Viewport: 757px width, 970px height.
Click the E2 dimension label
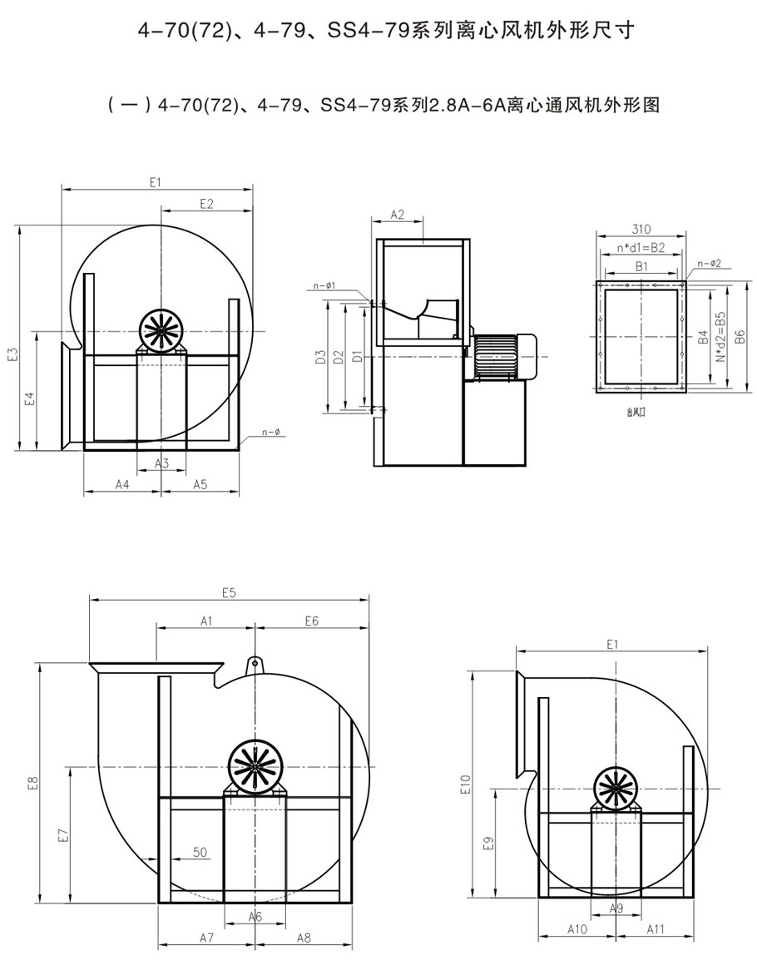[x=207, y=204]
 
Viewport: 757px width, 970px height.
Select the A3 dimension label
[x=162, y=463]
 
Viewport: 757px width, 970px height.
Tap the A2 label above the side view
[x=398, y=215]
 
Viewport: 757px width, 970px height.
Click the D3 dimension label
[x=319, y=358]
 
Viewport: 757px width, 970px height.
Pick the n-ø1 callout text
[x=325, y=286]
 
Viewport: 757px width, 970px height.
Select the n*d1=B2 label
[x=641, y=248]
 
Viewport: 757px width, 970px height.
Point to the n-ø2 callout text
[x=710, y=264]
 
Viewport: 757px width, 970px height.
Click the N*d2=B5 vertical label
[x=721, y=336]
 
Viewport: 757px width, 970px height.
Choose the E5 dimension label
[x=230, y=593]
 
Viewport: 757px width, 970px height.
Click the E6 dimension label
[x=312, y=621]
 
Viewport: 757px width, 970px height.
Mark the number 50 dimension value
[x=200, y=852]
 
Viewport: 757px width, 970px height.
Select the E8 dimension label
[x=32, y=783]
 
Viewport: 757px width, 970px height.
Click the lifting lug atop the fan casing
[x=255, y=665]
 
